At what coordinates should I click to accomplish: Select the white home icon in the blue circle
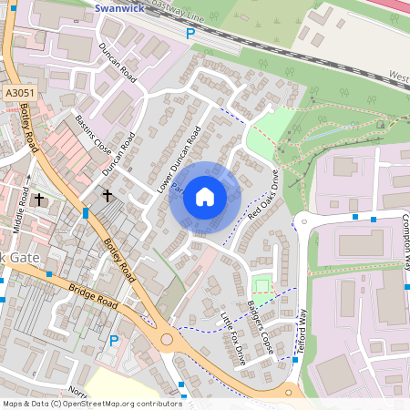[x=205, y=197]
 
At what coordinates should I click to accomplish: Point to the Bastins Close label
[x=92, y=135]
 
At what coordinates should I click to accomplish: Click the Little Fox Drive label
[x=233, y=338]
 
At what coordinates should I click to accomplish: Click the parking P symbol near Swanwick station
[x=190, y=34]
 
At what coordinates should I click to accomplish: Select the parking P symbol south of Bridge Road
[x=114, y=341]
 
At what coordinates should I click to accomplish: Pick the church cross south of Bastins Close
[x=107, y=194]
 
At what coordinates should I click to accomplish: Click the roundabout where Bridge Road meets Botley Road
[x=167, y=340]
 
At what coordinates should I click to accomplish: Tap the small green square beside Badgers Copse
[x=261, y=286]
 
